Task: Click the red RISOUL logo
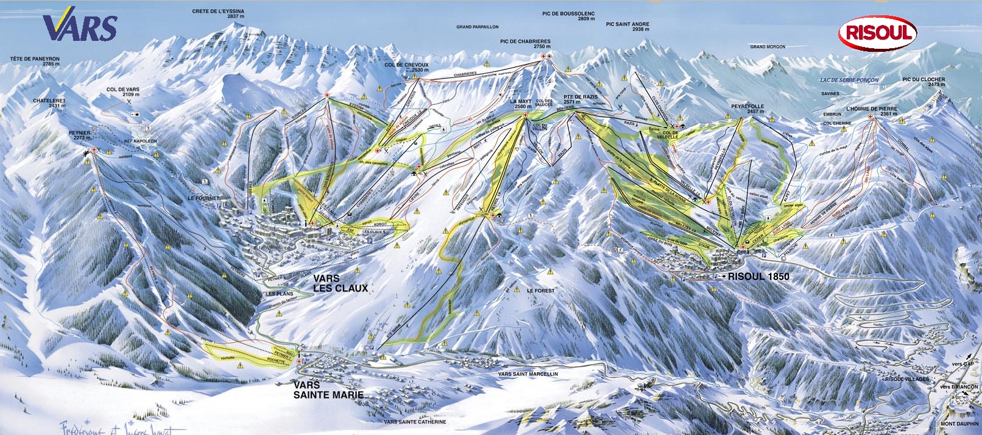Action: [x=877, y=33]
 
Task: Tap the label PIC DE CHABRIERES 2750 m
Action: [x=525, y=44]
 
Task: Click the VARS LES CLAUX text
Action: [x=340, y=283]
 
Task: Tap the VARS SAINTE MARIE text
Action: [x=328, y=390]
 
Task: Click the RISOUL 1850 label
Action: [x=758, y=276]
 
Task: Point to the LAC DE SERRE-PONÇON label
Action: [x=849, y=80]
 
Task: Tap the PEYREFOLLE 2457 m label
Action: [x=747, y=109]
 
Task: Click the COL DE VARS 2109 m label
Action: [x=123, y=92]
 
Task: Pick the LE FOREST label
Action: [x=541, y=290]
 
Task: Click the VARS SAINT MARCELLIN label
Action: [x=528, y=374]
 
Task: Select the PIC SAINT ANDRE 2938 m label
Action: [x=627, y=27]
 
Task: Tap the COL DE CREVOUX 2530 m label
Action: [x=406, y=67]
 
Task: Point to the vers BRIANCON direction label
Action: [x=959, y=387]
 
